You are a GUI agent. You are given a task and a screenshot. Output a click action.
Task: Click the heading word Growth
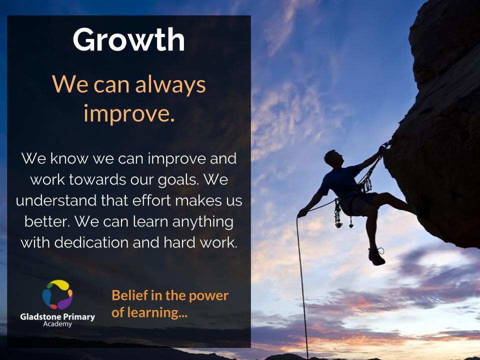pyautogui.click(x=128, y=40)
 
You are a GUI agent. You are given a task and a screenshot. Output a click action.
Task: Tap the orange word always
pyautogui.click(x=170, y=85)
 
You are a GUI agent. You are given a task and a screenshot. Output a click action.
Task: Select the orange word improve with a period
pyautogui.click(x=129, y=114)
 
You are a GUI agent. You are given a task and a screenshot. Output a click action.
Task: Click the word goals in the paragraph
pyautogui.click(x=178, y=180)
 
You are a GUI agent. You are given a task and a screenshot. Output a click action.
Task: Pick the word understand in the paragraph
pyautogui.click(x=56, y=200)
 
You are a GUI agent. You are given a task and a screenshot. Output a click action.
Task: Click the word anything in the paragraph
pyautogui.click(x=203, y=222)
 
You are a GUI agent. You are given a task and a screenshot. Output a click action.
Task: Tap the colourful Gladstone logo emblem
pyautogui.click(x=57, y=294)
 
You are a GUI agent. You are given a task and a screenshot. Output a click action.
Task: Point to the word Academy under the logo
pyautogui.click(x=57, y=324)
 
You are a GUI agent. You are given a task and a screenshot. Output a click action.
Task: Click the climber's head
pyautogui.click(x=333, y=158)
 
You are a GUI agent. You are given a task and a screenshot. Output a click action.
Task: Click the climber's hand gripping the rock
pyautogui.click(x=382, y=149)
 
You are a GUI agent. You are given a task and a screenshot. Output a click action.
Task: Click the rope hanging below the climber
pyautogui.click(x=302, y=288)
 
